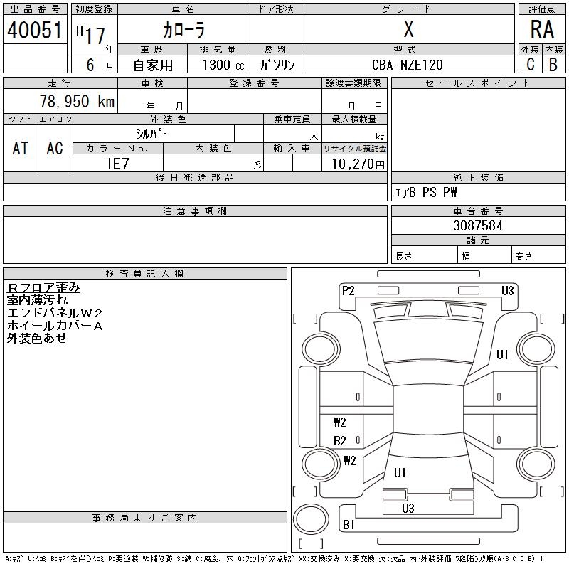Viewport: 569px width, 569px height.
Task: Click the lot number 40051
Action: click(35, 30)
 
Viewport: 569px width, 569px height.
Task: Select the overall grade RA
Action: click(542, 29)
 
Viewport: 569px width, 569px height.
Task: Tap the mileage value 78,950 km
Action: click(77, 101)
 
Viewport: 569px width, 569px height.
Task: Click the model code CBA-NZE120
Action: click(407, 65)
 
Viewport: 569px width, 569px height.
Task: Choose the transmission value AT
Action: click(21, 148)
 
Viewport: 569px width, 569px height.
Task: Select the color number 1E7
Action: click(117, 164)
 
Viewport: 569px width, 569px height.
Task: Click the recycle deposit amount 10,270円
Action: click(358, 164)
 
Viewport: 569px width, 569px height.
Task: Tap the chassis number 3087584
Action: click(478, 225)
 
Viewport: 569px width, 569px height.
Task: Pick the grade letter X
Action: click(408, 29)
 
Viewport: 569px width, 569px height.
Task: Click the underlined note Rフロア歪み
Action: click(43, 287)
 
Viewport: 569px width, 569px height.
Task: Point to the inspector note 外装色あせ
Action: click(37, 338)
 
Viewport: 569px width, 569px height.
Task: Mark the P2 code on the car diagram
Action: click(348, 291)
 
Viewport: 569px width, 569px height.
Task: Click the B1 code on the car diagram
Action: click(349, 524)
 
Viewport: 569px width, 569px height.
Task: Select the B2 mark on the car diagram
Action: click(340, 441)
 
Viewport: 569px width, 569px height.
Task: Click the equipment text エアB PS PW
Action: click(425, 192)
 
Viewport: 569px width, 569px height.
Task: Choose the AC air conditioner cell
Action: click(55, 148)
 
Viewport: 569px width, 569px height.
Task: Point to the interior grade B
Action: click(553, 65)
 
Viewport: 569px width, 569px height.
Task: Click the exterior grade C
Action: click(531, 65)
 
